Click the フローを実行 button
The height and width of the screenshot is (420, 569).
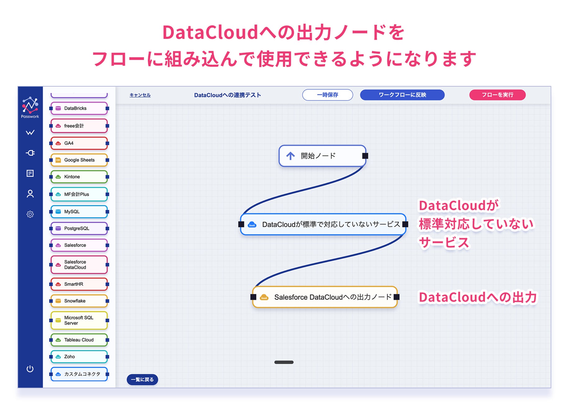[497, 95]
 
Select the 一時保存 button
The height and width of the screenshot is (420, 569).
[327, 95]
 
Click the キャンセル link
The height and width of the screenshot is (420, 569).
[140, 95]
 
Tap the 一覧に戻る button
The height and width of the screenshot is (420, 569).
[142, 380]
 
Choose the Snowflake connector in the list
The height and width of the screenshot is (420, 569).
[79, 301]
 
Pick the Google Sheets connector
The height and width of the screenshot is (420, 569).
[79, 160]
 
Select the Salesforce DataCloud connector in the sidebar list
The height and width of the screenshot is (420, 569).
[79, 265]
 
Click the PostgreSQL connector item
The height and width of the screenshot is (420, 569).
[79, 228]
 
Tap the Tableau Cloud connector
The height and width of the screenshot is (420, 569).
[79, 340]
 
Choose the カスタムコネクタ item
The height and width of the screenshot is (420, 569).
[79, 374]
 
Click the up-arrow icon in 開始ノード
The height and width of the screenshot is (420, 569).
[291, 156]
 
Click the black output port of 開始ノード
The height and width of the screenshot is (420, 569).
[365, 156]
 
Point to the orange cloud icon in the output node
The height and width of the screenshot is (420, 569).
[264, 297]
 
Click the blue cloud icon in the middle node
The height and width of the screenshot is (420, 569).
[252, 224]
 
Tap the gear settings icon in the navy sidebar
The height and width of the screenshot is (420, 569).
[30, 214]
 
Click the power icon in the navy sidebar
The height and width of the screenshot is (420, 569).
[30, 369]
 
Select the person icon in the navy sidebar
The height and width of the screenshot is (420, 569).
[30, 194]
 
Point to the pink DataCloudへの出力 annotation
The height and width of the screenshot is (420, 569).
[478, 297]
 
